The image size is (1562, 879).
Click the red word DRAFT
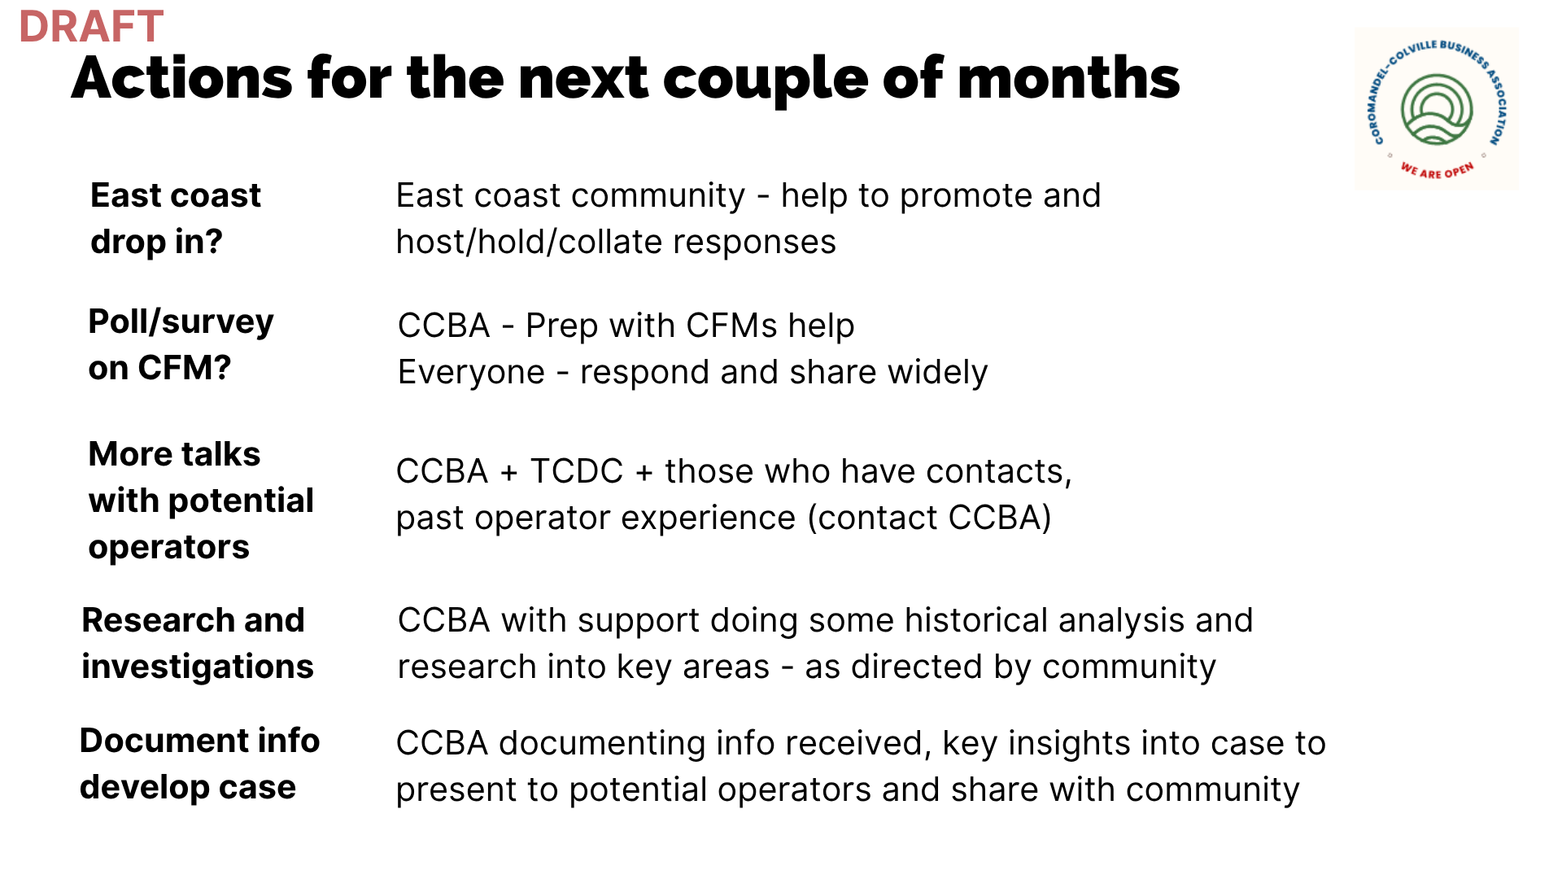(x=91, y=27)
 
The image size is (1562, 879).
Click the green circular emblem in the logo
(x=1437, y=109)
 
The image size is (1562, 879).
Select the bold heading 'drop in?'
(x=156, y=242)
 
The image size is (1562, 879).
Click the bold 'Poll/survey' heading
(x=181, y=322)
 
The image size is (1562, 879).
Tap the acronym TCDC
(x=576, y=471)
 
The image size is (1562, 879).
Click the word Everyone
(x=471, y=373)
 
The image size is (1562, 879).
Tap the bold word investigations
(x=198, y=667)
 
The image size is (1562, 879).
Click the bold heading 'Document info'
(x=200, y=741)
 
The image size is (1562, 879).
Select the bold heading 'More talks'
(x=174, y=454)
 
